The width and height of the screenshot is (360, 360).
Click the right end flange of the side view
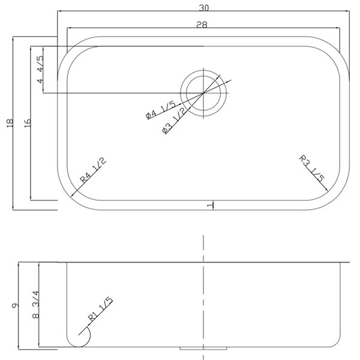pos(346,262)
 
